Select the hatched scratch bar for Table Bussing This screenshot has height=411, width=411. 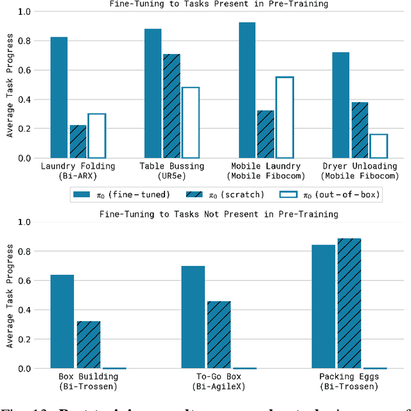[x=171, y=106]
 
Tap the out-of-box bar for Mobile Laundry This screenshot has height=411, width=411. [x=284, y=118]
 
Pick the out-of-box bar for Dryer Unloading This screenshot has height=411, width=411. [x=379, y=146]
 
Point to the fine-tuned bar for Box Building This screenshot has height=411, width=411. [x=62, y=321]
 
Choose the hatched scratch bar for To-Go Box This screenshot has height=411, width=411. [x=219, y=335]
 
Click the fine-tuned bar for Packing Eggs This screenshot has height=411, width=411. [x=323, y=306]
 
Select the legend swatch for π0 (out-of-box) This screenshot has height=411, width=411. [x=290, y=193]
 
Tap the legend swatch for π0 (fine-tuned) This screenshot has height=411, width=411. [x=82, y=193]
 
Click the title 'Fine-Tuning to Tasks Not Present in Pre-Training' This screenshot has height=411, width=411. [x=219, y=214]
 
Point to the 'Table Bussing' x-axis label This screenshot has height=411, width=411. [x=171, y=166]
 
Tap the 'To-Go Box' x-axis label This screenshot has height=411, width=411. [x=219, y=376]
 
